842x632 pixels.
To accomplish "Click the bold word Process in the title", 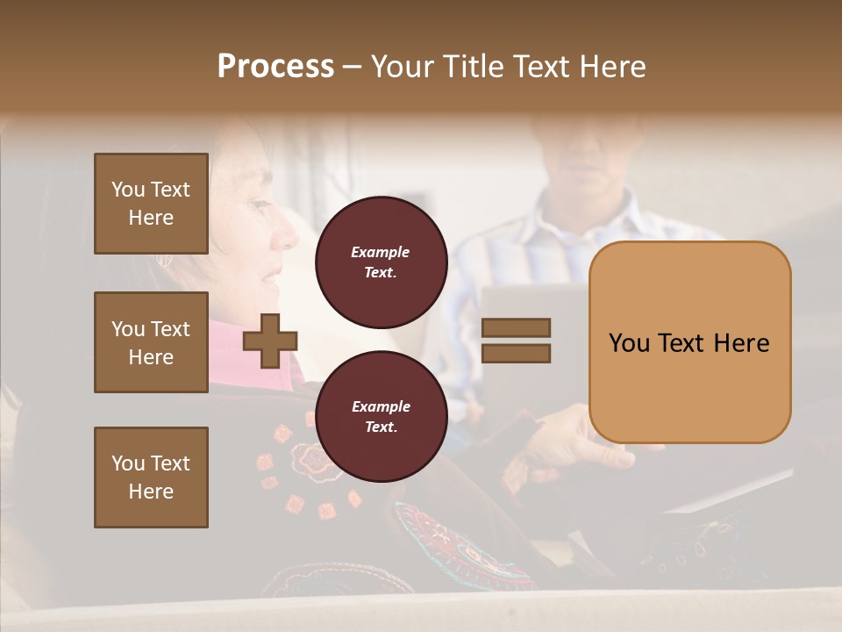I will pos(275,67).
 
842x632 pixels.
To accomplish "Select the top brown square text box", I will pos(151,204).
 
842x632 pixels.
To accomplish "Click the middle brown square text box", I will pos(151,342).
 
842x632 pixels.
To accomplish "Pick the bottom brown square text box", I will pos(151,478).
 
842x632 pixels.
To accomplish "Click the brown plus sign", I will pos(269,341).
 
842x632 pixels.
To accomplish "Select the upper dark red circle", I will pos(381,262).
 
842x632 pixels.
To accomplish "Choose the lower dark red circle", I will pos(381,417).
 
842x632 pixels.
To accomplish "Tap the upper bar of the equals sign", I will pos(516,327).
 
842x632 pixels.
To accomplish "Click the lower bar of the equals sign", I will pos(516,353).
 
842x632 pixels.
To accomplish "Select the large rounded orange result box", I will pos(689,342).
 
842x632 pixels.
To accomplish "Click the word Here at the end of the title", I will pos(615,67).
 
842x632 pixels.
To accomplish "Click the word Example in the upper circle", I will pos(381,252).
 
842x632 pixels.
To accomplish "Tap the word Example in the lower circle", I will pos(381,406).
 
